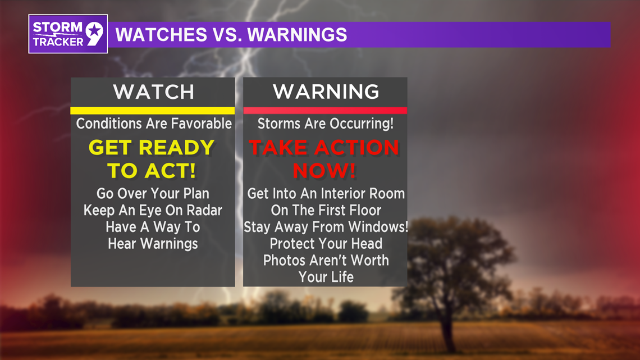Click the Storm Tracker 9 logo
(x=68, y=34)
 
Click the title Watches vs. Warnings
(x=231, y=35)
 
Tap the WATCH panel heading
(x=153, y=92)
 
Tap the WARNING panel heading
(x=326, y=92)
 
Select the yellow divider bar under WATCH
(x=153, y=111)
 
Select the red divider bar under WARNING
(x=325, y=111)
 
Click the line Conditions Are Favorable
(x=153, y=124)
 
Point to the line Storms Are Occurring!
(x=326, y=124)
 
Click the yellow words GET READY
(x=152, y=148)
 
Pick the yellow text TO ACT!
(x=152, y=171)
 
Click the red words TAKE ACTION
(x=324, y=148)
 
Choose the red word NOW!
(x=325, y=171)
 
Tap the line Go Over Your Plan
(x=153, y=194)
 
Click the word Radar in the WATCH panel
(x=204, y=211)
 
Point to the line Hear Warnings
(x=153, y=244)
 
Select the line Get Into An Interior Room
(x=326, y=194)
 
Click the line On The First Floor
(x=326, y=211)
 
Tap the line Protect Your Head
(x=326, y=244)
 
